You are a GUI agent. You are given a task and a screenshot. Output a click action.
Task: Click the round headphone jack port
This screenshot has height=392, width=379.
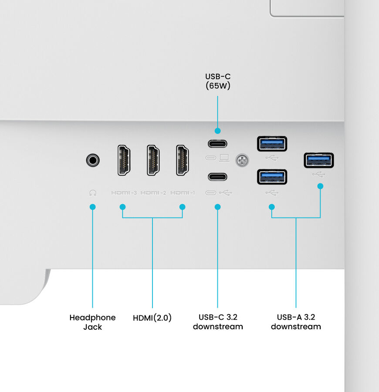click(x=92, y=160)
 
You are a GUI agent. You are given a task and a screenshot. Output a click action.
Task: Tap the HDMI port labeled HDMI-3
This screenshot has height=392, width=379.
click(x=124, y=160)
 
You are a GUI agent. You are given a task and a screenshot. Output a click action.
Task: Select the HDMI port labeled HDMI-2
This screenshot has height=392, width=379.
click(x=153, y=160)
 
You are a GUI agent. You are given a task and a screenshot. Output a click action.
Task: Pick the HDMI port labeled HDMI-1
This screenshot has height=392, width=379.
click(x=182, y=160)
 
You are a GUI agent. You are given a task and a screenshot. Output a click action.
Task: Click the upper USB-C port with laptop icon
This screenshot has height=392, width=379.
click(x=217, y=144)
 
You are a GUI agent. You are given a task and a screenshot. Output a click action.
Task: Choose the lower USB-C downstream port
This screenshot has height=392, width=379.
click(x=217, y=176)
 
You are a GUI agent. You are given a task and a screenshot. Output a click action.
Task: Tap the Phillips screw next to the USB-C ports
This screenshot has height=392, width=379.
click(x=242, y=161)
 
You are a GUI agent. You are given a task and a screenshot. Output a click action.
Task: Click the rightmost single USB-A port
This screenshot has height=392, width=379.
click(x=319, y=160)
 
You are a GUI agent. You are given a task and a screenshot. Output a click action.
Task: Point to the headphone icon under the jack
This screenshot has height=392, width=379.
click(x=92, y=193)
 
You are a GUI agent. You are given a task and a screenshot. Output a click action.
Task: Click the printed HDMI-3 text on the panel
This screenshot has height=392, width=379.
click(x=124, y=193)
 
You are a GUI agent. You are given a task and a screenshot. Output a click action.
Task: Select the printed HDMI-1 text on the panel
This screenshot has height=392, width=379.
click(x=183, y=193)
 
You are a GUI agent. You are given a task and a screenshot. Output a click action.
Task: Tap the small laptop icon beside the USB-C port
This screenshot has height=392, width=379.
click(x=224, y=158)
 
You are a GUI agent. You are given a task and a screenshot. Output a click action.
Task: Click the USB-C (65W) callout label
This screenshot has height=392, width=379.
click(x=218, y=81)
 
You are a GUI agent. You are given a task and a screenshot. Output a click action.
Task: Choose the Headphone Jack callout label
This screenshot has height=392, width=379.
click(x=92, y=322)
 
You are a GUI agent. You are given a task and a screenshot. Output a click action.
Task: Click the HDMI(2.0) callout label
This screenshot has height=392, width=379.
click(x=152, y=318)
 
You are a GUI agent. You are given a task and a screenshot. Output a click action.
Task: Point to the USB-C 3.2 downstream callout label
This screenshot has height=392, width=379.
click(x=218, y=322)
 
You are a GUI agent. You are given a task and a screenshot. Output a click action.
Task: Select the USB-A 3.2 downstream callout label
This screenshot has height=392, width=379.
click(x=296, y=322)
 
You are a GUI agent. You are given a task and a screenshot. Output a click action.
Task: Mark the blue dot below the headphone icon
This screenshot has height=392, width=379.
click(x=92, y=207)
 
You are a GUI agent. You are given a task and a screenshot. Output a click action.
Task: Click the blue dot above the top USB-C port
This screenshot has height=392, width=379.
click(x=217, y=131)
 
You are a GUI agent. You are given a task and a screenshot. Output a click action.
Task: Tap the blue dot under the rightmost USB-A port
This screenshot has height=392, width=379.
click(x=320, y=186)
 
